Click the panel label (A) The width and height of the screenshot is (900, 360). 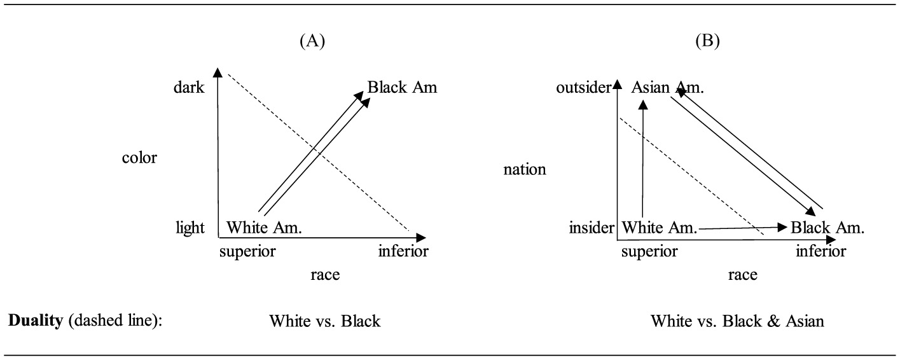[312, 41]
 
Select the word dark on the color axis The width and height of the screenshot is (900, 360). [189, 87]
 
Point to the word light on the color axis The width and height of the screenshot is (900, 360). [190, 228]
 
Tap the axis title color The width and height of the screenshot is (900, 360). [139, 158]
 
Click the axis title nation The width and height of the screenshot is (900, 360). [525, 170]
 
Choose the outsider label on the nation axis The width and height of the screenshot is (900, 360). [583, 87]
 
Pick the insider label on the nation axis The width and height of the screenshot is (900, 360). [592, 228]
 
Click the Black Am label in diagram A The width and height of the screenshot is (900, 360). [403, 87]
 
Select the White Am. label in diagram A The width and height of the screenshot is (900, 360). [264, 228]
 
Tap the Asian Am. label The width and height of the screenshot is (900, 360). [667, 87]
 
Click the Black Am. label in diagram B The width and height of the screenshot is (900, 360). [827, 228]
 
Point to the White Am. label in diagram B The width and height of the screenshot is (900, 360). [659, 228]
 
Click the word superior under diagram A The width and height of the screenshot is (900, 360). [247, 251]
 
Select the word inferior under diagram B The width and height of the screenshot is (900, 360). [821, 251]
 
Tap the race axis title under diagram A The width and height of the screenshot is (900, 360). [325, 275]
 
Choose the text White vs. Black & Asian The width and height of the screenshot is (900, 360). [737, 321]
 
